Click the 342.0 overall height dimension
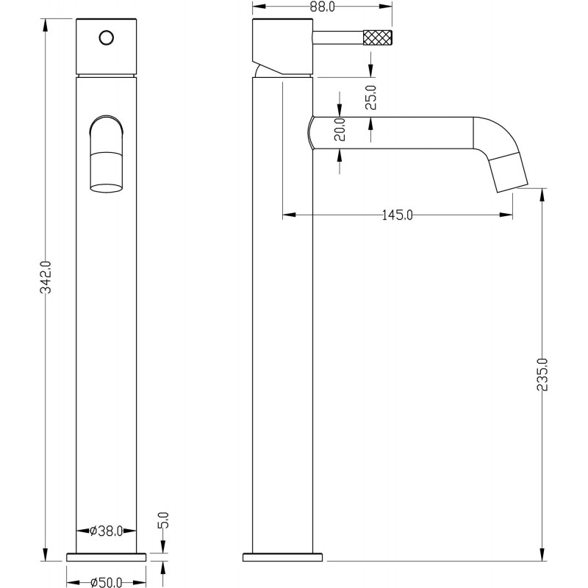click(x=46, y=277)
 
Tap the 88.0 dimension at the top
click(x=323, y=7)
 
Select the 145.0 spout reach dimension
click(x=397, y=215)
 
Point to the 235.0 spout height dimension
click(x=542, y=375)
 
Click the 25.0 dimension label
click(x=371, y=97)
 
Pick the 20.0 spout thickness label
click(x=340, y=129)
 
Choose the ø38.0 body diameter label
click(x=106, y=531)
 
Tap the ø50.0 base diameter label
click(x=107, y=582)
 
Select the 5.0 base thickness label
click(x=164, y=520)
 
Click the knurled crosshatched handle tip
click(x=378, y=38)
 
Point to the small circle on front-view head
click(x=107, y=38)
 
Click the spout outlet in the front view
click(x=106, y=173)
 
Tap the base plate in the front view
click(x=106, y=557)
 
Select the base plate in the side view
click(x=282, y=557)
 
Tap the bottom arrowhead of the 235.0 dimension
click(x=542, y=554)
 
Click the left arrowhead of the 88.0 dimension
click(x=259, y=7)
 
